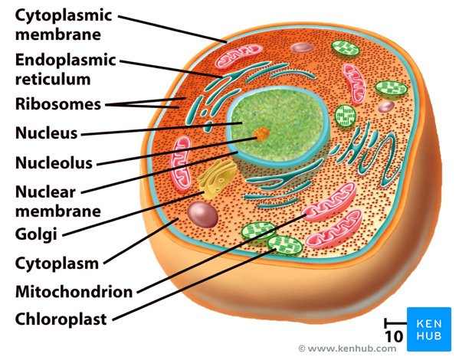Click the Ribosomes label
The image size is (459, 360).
(58, 104)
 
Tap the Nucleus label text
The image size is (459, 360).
(46, 133)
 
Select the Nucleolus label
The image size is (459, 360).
(54, 162)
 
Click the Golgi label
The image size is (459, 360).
(36, 234)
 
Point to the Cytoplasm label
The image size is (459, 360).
(57, 264)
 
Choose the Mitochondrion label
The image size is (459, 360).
(74, 292)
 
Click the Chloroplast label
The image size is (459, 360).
(61, 319)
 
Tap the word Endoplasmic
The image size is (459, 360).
(66, 61)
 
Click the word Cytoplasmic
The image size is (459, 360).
(64, 16)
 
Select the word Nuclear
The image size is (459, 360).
(45, 192)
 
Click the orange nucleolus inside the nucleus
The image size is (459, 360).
(261, 134)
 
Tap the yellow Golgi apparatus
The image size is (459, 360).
(216, 179)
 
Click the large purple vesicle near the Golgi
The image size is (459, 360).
(202, 214)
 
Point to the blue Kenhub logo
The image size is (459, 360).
(429, 329)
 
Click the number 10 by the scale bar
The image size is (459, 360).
(394, 336)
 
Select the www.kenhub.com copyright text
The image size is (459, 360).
(347, 349)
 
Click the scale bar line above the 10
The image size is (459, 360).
(395, 323)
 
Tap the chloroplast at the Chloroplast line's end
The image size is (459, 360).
(284, 245)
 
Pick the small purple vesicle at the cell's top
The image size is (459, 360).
(302, 47)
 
